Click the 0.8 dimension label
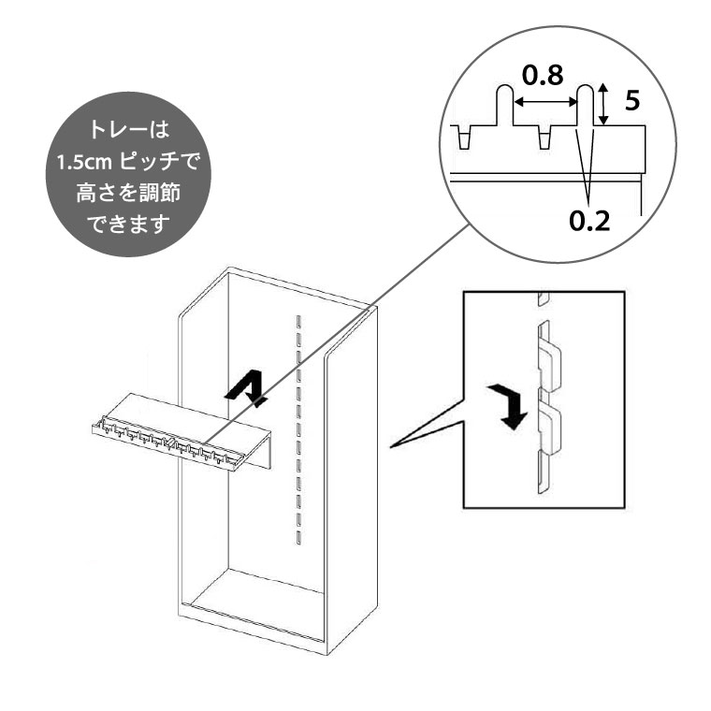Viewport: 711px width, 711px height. point(543,75)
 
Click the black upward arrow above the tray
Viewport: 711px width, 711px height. point(248,385)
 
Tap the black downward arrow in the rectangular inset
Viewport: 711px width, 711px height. point(510,405)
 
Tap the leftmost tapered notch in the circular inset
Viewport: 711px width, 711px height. point(463,138)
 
